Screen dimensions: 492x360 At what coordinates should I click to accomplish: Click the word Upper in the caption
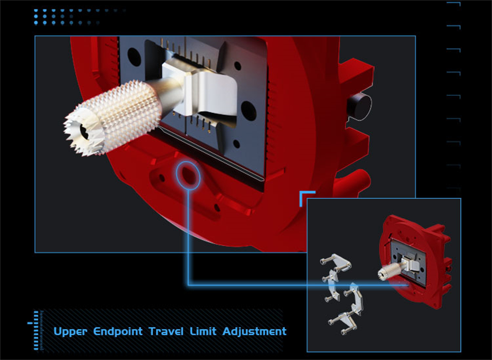[x=70, y=332]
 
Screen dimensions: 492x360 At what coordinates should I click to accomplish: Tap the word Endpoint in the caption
[x=118, y=332]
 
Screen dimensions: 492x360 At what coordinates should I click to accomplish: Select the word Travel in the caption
[x=166, y=331]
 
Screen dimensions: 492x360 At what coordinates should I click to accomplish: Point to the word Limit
[x=203, y=331]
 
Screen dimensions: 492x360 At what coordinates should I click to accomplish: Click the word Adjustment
[x=254, y=332]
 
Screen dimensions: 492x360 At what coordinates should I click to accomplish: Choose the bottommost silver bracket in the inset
[x=343, y=322]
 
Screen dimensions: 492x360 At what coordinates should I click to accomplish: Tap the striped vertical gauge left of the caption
[x=36, y=330]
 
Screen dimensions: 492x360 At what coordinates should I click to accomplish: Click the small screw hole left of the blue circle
[x=162, y=179]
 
